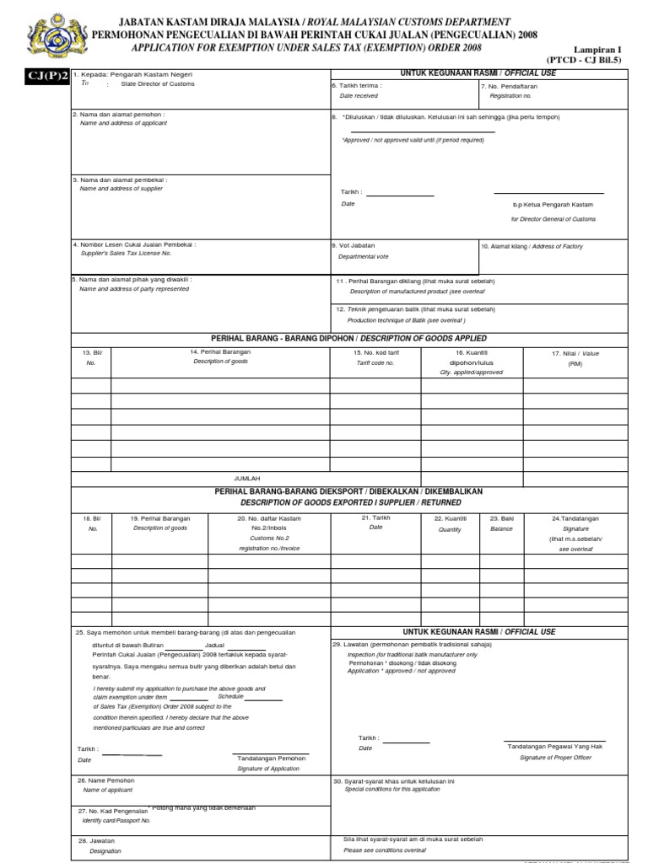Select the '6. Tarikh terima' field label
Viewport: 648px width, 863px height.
click(358, 86)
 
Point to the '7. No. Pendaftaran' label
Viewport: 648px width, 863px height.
click(509, 86)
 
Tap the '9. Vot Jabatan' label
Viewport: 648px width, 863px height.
click(354, 245)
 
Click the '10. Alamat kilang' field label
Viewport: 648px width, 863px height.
click(532, 246)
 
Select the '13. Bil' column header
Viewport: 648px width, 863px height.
click(91, 352)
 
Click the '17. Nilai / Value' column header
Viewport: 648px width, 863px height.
click(575, 353)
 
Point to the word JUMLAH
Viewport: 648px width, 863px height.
click(247, 478)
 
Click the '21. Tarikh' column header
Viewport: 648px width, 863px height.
click(375, 517)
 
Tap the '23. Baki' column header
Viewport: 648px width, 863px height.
click(501, 518)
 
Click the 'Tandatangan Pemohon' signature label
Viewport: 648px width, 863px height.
click(271, 758)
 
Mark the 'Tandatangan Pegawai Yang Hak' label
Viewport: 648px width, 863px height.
click(554, 747)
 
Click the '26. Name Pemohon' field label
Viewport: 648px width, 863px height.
click(108, 780)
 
